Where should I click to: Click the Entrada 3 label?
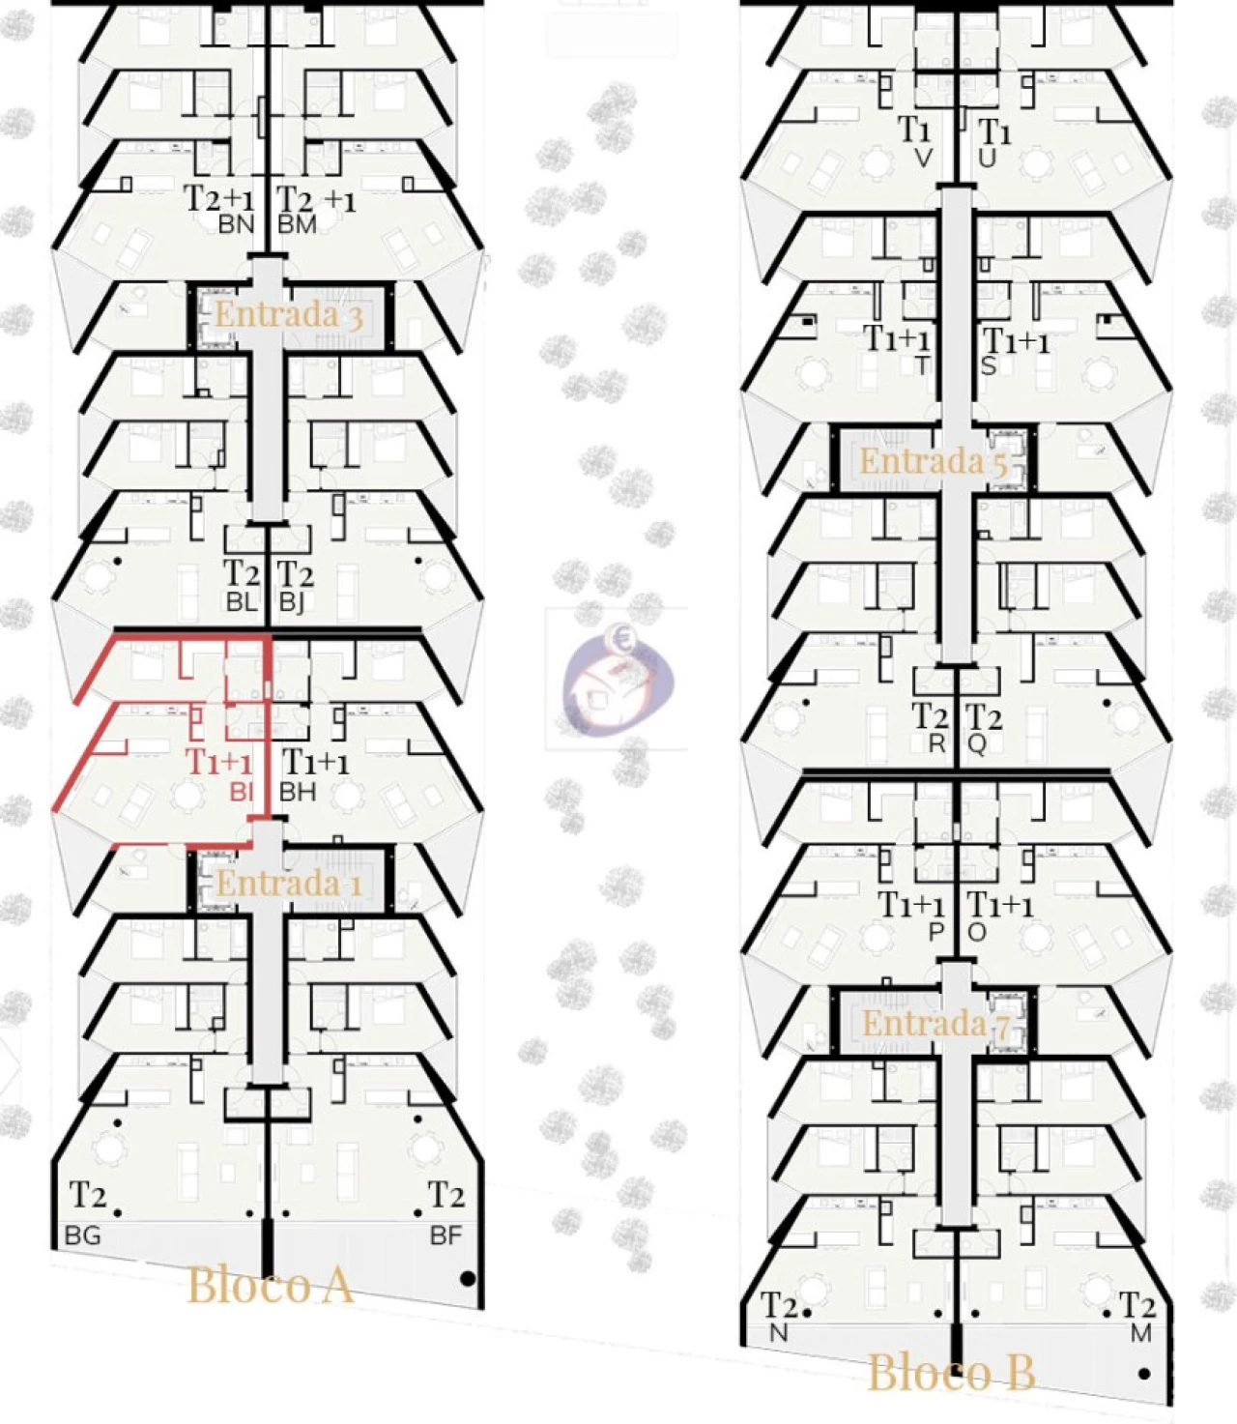(288, 315)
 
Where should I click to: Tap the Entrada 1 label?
(289, 884)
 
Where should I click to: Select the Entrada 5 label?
(933, 461)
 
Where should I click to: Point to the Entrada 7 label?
(935, 1023)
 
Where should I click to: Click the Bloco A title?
(270, 1285)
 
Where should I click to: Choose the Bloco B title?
(951, 1373)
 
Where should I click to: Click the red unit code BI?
(241, 792)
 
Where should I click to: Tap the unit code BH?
(297, 792)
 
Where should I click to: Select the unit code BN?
(237, 225)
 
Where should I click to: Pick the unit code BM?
(297, 225)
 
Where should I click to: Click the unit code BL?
(243, 602)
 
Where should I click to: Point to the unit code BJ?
(292, 602)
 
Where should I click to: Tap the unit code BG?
(83, 1236)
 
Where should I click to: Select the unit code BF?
(446, 1236)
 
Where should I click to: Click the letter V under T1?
(923, 160)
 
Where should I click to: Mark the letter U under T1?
(988, 160)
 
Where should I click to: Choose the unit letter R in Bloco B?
(937, 744)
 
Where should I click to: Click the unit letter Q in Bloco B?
(977, 744)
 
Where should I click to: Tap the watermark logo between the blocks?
(617, 680)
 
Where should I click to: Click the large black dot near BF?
(468, 1279)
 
